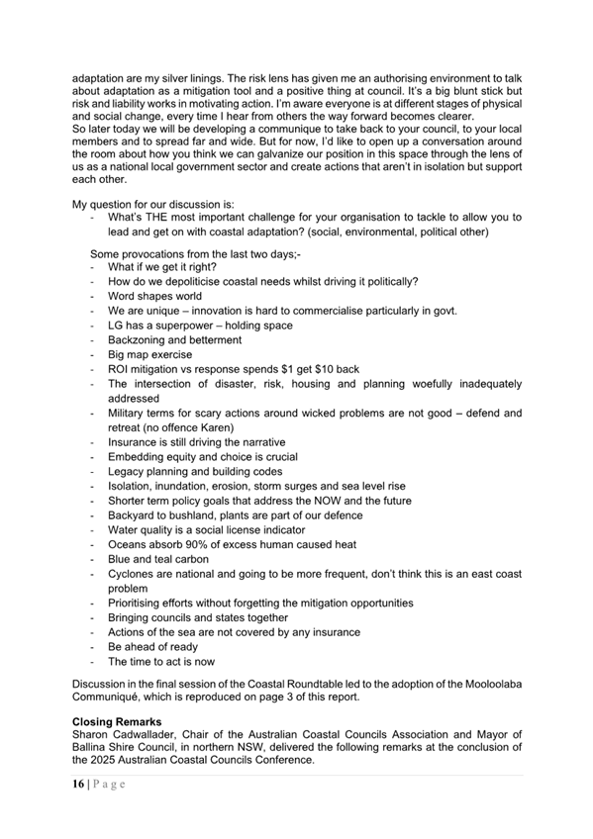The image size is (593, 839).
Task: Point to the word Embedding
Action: tap(142, 456)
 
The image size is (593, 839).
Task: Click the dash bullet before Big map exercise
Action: tap(92, 353)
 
